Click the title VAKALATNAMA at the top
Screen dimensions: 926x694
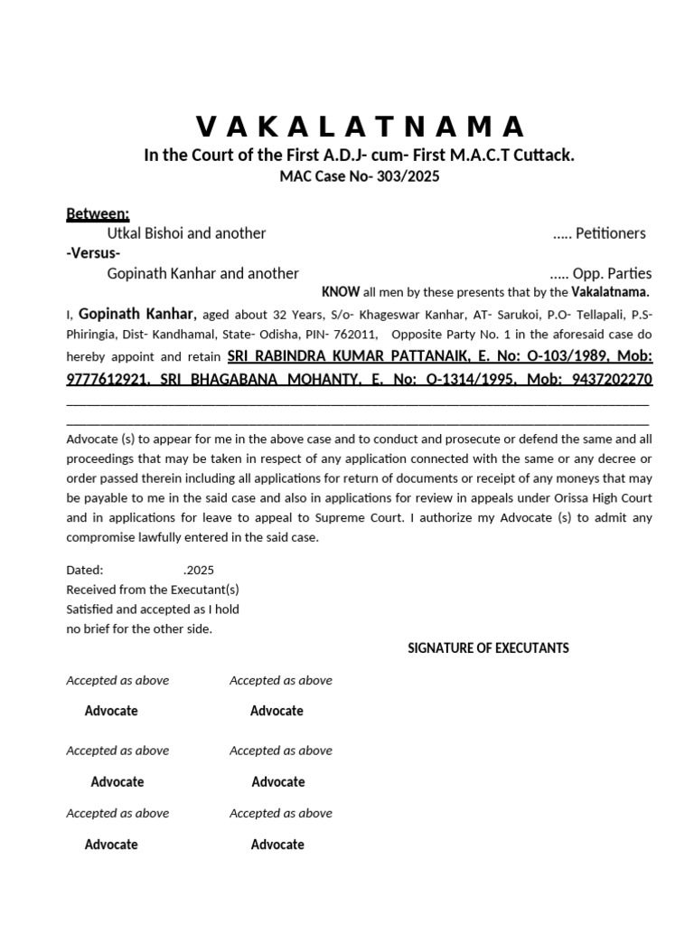359,125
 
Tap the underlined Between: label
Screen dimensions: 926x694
98,214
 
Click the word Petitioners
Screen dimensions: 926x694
611,233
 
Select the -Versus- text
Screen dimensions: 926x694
93,253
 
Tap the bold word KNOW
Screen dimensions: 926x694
341,292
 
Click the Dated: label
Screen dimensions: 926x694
85,571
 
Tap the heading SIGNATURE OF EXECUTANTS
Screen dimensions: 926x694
488,648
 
